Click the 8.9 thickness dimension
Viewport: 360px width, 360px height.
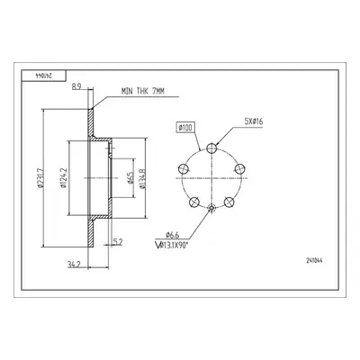(76, 86)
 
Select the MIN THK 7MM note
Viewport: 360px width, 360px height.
(143, 92)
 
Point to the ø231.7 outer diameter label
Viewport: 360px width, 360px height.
(40, 178)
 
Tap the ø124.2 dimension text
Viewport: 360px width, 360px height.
(63, 178)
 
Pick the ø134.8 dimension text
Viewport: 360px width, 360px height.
(142, 179)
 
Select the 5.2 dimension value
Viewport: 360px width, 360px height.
(118, 241)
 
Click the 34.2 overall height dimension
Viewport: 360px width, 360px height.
(72, 265)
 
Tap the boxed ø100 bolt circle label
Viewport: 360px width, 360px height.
(185, 128)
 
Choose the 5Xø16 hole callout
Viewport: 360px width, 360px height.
(254, 121)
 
